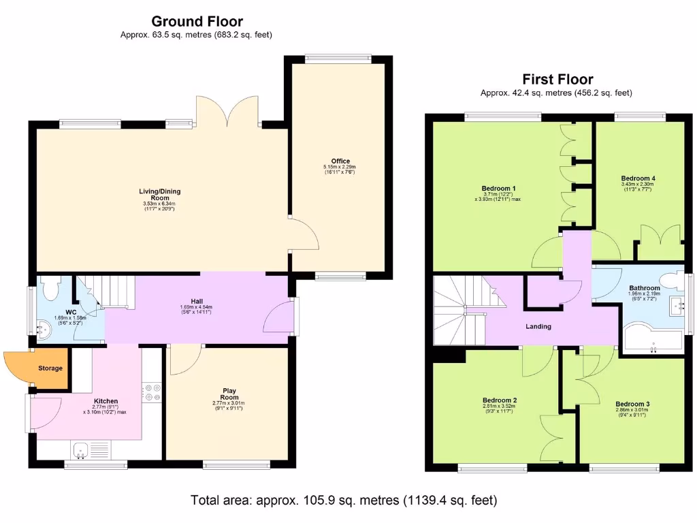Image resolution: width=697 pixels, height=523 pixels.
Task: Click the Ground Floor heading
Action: click(x=197, y=22)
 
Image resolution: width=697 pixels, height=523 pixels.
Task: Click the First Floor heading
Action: click(x=557, y=79)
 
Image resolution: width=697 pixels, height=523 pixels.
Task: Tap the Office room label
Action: click(x=340, y=161)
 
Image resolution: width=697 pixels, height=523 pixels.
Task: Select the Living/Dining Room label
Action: click(x=160, y=194)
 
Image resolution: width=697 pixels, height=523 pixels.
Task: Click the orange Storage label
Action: click(x=50, y=368)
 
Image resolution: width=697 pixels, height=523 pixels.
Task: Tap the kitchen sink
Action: click(x=81, y=449)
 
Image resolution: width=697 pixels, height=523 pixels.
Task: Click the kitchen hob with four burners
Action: click(x=152, y=393)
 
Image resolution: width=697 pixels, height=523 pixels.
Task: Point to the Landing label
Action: click(x=538, y=326)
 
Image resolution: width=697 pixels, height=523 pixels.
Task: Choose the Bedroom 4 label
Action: click(x=638, y=178)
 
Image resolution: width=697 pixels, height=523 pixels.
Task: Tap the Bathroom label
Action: click(x=644, y=288)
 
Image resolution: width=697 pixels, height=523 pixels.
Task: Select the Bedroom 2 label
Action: click(x=500, y=400)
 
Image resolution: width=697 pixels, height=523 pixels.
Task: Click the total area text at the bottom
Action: click(x=344, y=501)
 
